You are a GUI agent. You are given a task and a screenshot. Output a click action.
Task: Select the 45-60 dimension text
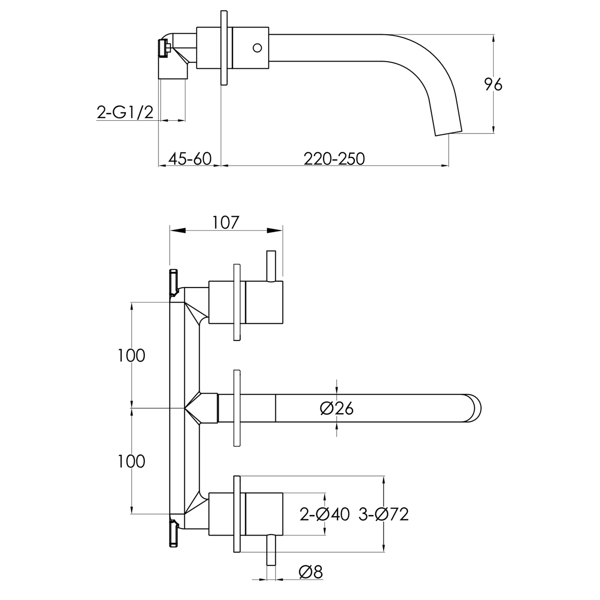(x=190, y=159)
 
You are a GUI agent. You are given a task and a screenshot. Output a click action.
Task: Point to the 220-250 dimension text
(x=334, y=159)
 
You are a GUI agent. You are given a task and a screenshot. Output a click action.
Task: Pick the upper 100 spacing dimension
(x=131, y=356)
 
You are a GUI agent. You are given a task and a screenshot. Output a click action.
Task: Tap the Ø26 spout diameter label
(x=337, y=409)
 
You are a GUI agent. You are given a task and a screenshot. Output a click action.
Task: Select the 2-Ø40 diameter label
(x=324, y=514)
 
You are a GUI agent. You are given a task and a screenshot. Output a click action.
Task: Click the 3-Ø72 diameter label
(x=384, y=514)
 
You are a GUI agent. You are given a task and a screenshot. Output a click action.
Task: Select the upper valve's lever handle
(x=271, y=266)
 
